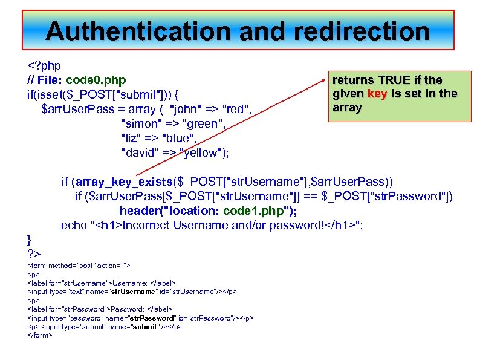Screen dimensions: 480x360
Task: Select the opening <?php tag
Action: (x=44, y=65)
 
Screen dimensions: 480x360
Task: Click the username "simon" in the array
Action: (x=140, y=123)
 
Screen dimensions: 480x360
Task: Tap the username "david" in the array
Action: (x=140, y=152)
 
